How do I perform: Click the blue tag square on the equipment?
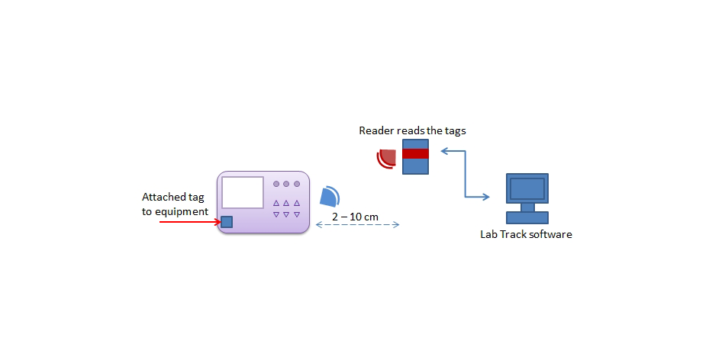point(227,222)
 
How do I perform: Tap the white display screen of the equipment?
point(243,192)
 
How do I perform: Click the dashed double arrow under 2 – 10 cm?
point(357,225)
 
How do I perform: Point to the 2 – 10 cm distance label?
point(355,216)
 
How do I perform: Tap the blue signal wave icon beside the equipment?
point(330,196)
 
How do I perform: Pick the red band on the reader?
point(415,154)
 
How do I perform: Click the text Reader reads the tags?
point(412,130)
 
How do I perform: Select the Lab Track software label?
point(526,234)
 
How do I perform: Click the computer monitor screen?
point(527,188)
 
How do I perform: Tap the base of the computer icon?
point(527,217)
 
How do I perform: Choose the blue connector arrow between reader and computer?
point(466,174)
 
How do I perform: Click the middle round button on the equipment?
point(286,184)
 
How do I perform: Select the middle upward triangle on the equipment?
point(286,203)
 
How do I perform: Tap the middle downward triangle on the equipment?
point(286,214)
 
